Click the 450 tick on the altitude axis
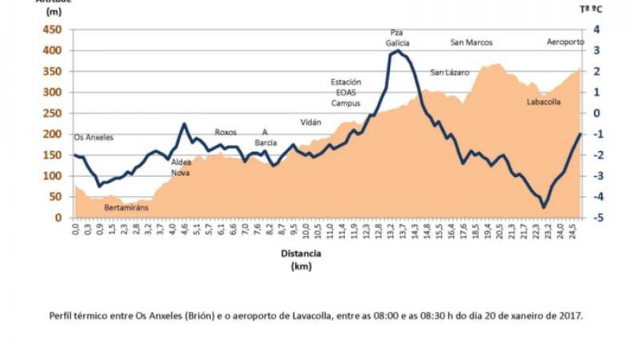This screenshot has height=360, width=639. click(53, 30)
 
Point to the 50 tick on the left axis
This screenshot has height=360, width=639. click(56, 197)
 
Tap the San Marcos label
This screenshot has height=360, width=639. click(471, 43)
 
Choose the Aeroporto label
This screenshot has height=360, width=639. click(565, 43)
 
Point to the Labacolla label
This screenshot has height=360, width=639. click(544, 102)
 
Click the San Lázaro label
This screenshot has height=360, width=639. click(449, 72)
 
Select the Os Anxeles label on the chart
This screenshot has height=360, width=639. click(94, 137)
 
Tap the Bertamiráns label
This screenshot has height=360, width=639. click(126, 208)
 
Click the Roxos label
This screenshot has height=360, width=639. click(225, 132)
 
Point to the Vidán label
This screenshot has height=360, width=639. click(311, 122)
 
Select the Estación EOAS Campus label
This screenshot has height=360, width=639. click(346, 92)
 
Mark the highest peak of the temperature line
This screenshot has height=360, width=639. click(398, 50)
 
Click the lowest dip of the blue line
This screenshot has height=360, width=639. click(544, 207)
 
